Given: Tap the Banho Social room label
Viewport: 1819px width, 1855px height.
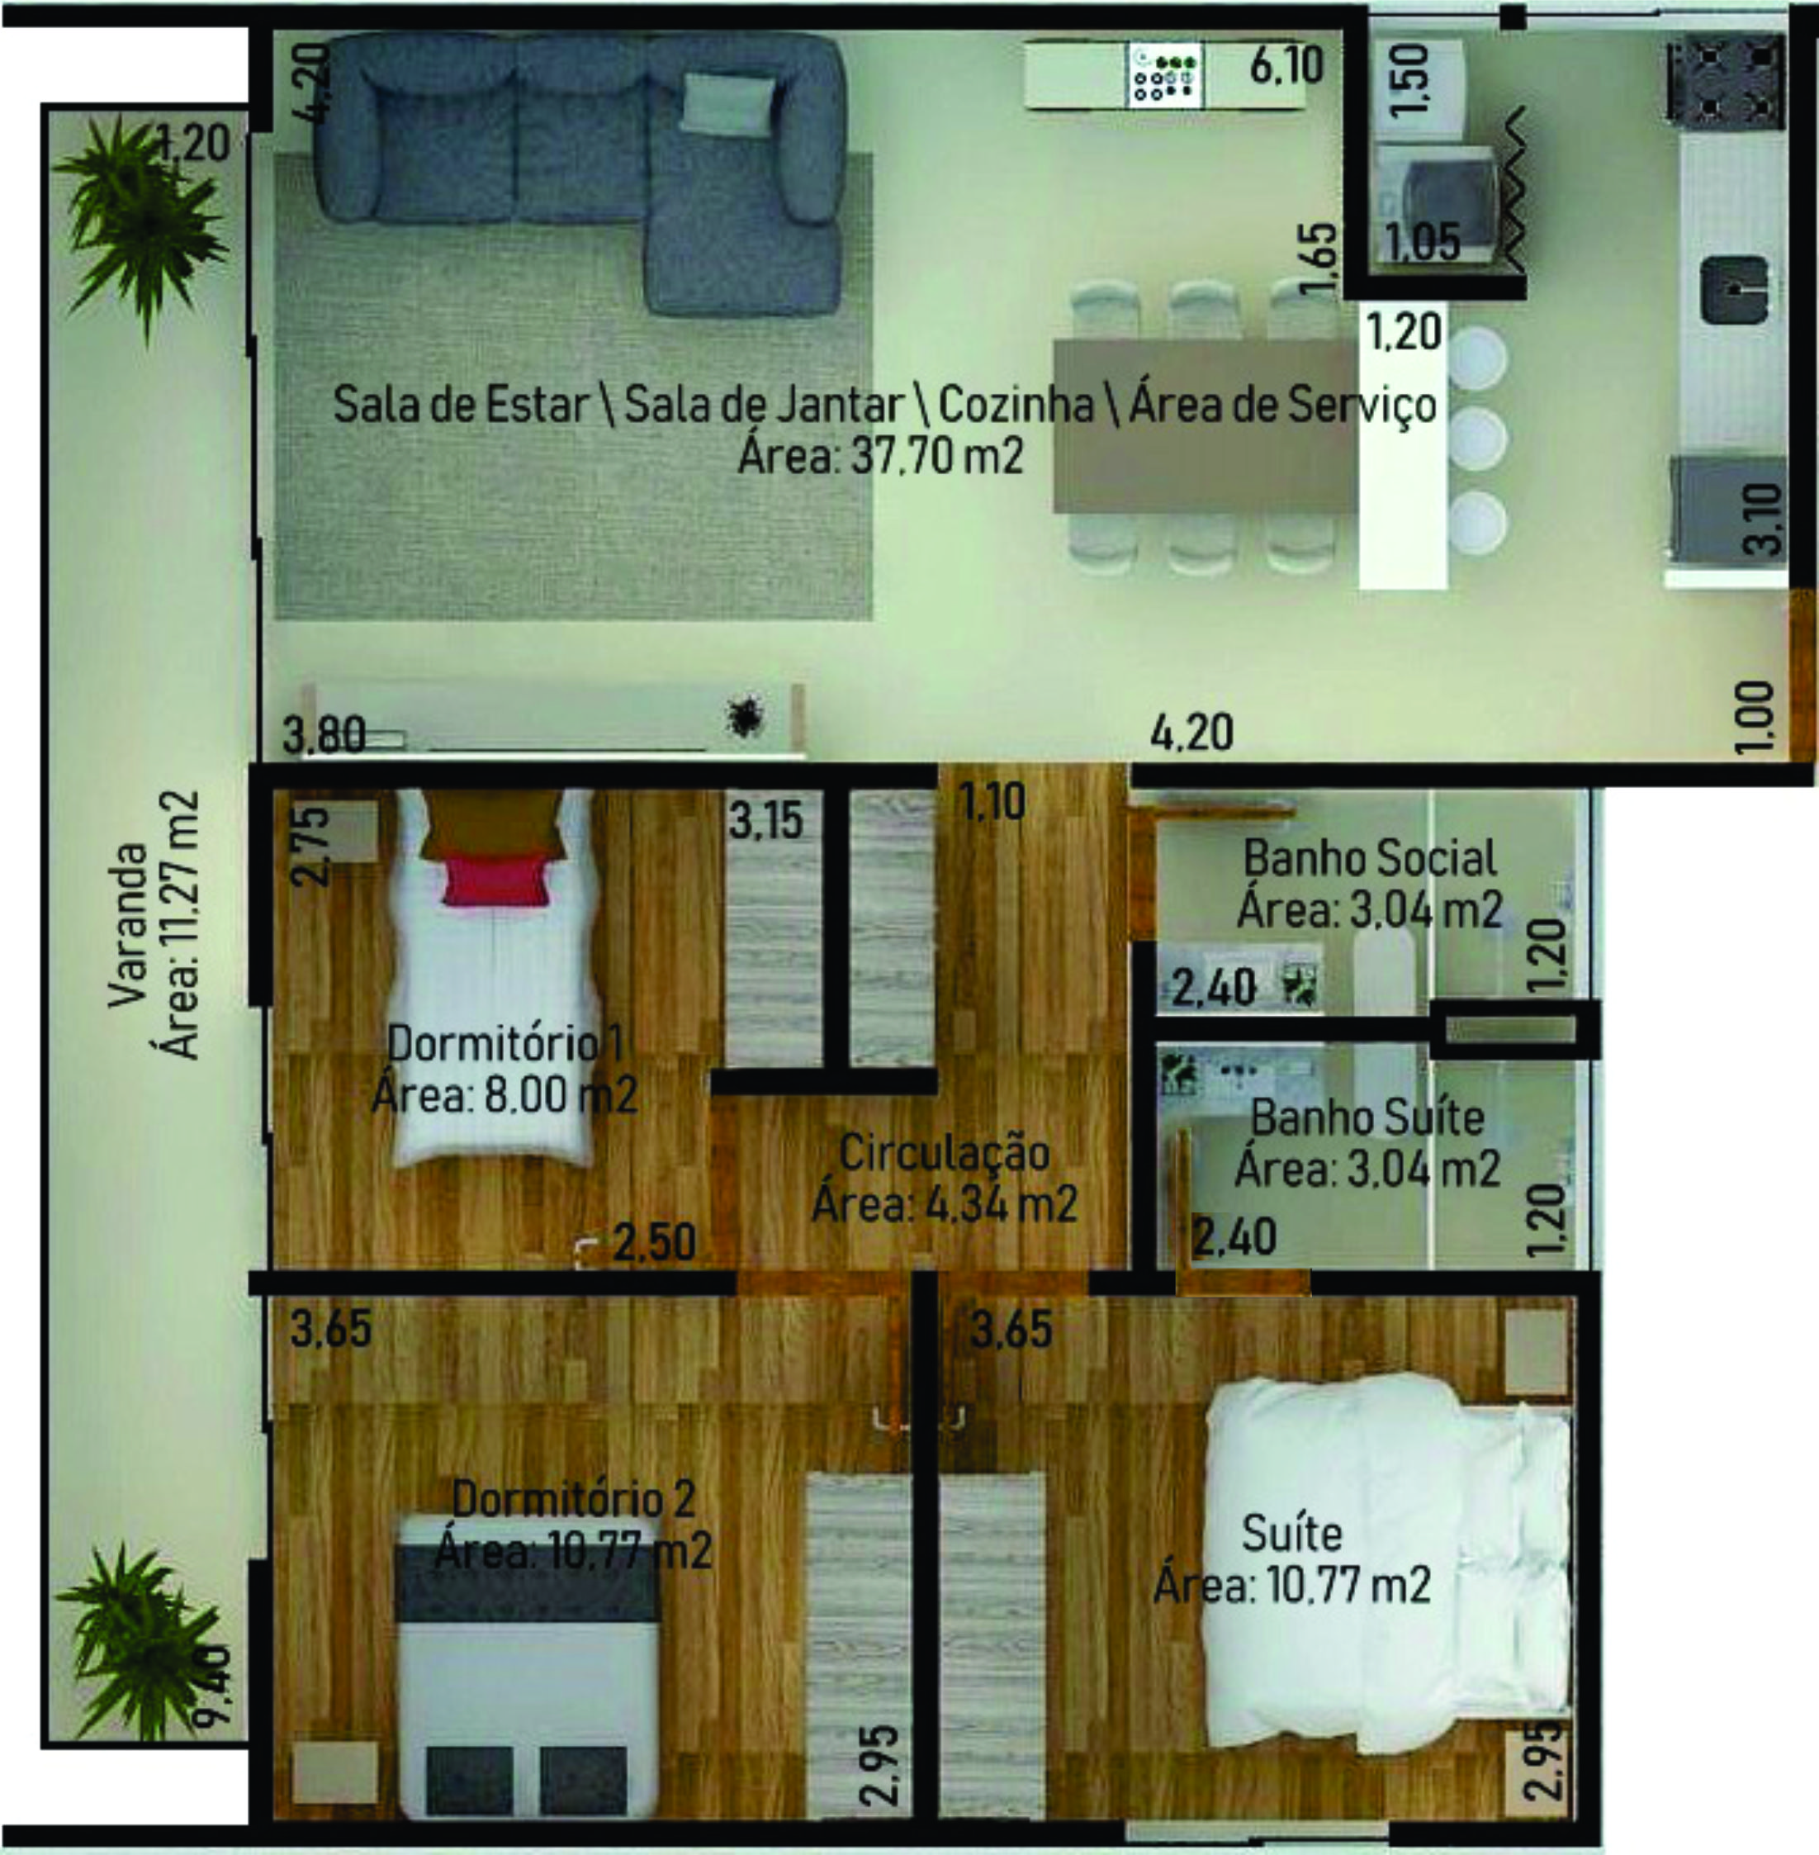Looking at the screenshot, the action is coord(1369,859).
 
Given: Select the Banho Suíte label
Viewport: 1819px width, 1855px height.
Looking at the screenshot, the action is coord(1367,1118).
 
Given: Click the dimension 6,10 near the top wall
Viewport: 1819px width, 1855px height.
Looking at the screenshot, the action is coord(1287,66).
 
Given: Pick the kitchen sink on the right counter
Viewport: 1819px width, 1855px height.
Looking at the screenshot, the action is coord(1734,290).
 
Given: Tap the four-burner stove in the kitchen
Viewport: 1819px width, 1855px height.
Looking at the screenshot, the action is coord(1727,80).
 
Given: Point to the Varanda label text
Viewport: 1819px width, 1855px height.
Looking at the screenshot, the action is coord(128,924).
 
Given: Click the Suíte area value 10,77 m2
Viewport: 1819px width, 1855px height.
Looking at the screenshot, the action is coord(1349,1586).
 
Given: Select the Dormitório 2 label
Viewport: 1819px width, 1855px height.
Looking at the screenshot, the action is coord(573,1498).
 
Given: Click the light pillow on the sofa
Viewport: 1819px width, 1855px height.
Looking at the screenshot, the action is coord(728,102).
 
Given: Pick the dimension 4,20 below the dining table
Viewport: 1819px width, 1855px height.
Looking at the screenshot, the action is coord(1192,733).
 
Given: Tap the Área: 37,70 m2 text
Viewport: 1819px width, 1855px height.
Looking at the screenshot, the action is coord(881,456).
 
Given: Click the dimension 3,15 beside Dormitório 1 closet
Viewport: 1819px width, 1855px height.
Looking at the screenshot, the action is coord(765,821).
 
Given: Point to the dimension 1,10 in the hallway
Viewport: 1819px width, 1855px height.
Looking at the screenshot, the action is coord(993,802).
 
